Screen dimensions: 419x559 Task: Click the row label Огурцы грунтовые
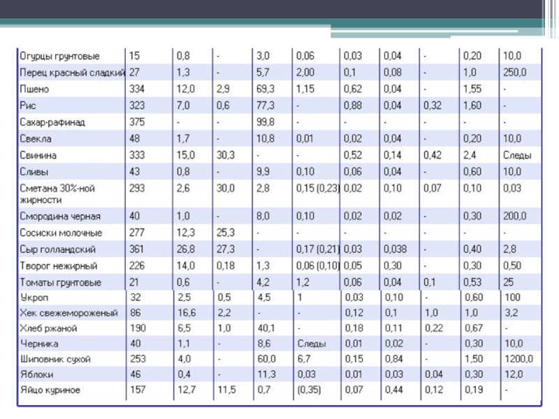(59, 55)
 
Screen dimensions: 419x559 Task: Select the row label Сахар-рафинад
(53, 122)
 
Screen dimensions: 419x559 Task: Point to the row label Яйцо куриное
(50, 389)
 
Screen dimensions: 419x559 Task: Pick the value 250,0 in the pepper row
(515, 72)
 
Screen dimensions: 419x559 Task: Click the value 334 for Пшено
(137, 89)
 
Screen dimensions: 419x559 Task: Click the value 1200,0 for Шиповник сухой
(517, 358)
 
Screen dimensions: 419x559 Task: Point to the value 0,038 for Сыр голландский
(395, 249)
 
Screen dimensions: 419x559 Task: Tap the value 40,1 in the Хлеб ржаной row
(266, 328)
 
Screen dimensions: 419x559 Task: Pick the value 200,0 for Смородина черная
(515, 216)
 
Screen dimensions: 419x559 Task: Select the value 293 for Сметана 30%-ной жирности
(137, 189)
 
